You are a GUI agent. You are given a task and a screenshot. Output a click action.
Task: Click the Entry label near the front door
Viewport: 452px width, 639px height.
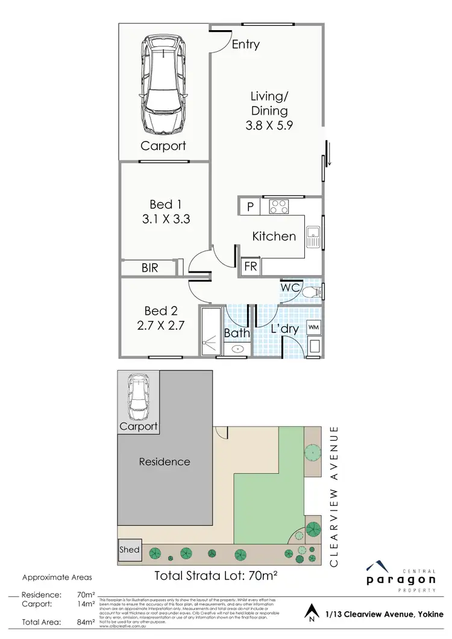pyautogui.click(x=245, y=45)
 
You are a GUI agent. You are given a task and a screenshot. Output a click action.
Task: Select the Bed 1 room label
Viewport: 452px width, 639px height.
pyautogui.click(x=166, y=204)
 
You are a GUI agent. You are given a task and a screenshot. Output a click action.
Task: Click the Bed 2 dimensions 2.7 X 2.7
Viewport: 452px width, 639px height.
pyautogui.click(x=160, y=326)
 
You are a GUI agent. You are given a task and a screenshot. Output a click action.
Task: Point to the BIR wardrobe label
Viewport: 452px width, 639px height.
pyautogui.click(x=149, y=268)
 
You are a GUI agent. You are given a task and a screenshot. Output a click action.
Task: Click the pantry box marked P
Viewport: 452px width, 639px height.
pyautogui.click(x=250, y=207)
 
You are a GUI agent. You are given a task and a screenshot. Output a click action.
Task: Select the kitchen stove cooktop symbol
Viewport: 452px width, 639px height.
pyautogui.click(x=278, y=207)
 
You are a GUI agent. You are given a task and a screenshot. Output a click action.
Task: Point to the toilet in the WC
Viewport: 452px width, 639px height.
pyautogui.click(x=312, y=291)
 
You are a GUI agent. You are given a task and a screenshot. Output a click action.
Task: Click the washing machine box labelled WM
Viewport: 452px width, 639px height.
pyautogui.click(x=313, y=327)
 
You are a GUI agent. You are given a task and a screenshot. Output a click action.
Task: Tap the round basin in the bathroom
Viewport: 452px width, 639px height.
pyautogui.click(x=237, y=349)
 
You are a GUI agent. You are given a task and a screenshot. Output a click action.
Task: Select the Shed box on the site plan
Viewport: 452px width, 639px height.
pyautogui.click(x=129, y=549)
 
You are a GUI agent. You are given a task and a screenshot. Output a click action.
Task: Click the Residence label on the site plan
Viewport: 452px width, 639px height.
pyautogui.click(x=165, y=462)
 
